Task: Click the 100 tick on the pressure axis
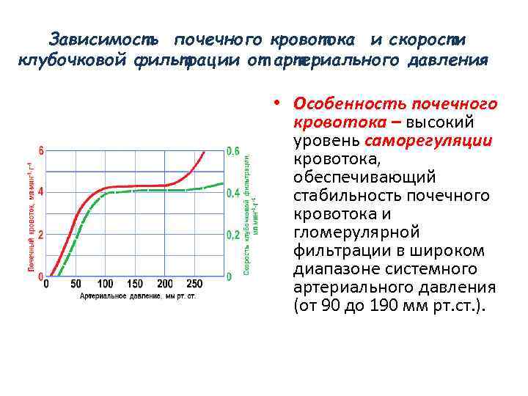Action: tap(105, 284)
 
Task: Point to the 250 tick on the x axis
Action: tap(194, 284)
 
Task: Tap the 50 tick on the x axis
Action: tap(76, 284)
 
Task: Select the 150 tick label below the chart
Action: tap(135, 284)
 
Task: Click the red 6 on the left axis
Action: tap(41, 151)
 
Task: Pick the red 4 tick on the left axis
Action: tap(41, 192)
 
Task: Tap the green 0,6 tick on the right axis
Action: tap(232, 151)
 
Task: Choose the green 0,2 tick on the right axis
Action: tap(232, 235)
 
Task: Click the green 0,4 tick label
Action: tap(232, 193)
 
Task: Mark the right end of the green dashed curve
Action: tap(222, 183)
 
